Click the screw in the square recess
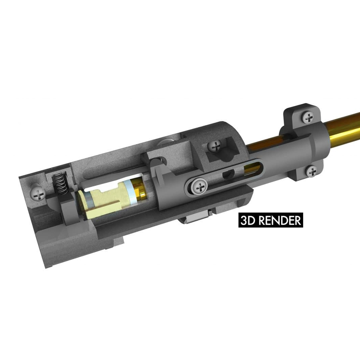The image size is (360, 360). [216, 146]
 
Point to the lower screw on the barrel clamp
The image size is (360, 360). [312, 171]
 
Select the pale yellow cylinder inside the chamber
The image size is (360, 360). [104, 200]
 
